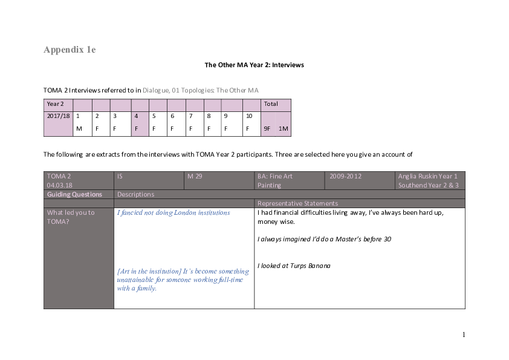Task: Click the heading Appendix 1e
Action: click(x=70, y=50)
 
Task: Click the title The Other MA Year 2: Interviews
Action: click(x=254, y=65)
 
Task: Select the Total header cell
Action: click(x=271, y=104)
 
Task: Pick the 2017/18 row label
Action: click(x=58, y=116)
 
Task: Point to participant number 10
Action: click(x=248, y=116)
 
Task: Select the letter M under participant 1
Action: click(x=79, y=129)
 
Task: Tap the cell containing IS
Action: click(x=120, y=176)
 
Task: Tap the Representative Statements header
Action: click(x=297, y=203)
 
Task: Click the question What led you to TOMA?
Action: click(x=71, y=217)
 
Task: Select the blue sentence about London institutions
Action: click(x=173, y=213)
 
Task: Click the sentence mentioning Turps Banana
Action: click(x=294, y=266)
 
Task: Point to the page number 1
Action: click(x=463, y=335)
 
